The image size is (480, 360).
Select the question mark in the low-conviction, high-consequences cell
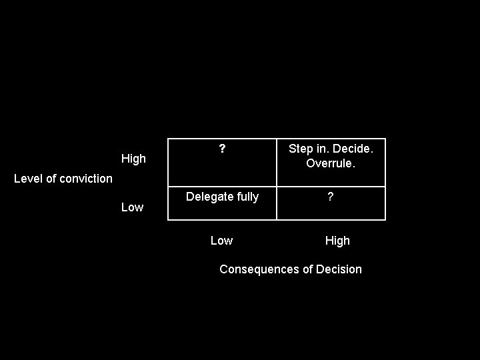point(331,197)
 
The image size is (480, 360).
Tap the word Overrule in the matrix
point(330,163)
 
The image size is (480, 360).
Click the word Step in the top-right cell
point(300,149)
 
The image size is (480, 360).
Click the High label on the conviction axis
point(133,159)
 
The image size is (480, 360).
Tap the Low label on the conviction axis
point(132,207)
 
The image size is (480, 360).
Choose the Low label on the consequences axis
point(221,241)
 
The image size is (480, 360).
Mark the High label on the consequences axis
point(337,241)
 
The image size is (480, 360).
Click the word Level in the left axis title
point(28,178)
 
